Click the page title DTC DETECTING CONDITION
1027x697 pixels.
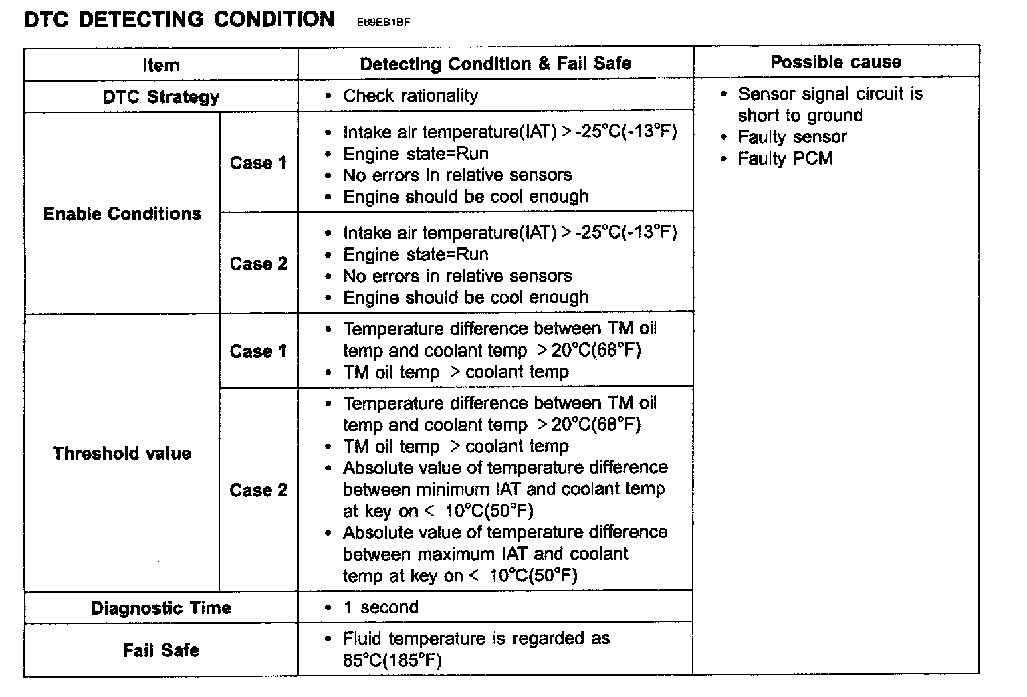(x=179, y=19)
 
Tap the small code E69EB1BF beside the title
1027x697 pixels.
(x=383, y=22)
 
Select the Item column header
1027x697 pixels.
(x=161, y=65)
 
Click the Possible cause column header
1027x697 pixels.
(x=836, y=62)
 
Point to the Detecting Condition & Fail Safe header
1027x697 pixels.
(x=495, y=64)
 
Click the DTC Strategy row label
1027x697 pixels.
(x=161, y=97)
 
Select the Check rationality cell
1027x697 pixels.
(x=411, y=96)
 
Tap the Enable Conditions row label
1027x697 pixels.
(x=122, y=214)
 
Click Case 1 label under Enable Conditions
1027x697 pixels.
(x=258, y=163)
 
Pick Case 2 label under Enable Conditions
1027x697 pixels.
(x=258, y=264)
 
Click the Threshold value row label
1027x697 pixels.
(x=122, y=454)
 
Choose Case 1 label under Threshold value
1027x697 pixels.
(x=258, y=351)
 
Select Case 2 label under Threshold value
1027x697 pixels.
(x=258, y=490)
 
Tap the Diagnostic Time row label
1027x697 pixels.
(x=161, y=608)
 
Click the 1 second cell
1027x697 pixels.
(x=380, y=607)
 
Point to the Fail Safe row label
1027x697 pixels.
(x=161, y=650)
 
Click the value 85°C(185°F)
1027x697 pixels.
(x=392, y=661)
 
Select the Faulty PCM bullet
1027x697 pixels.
(x=786, y=159)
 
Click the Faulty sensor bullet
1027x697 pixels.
(x=792, y=137)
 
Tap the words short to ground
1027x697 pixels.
(x=800, y=116)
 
